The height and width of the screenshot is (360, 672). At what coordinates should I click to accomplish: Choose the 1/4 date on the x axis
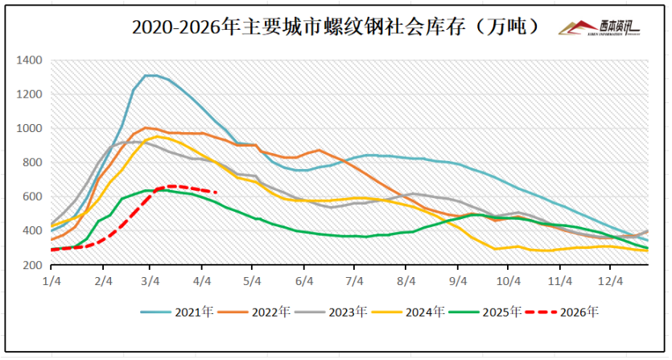click(x=52, y=281)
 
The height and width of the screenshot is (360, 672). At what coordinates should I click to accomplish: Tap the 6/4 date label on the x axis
click(x=304, y=281)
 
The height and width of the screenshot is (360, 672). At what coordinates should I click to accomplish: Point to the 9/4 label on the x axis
click(x=458, y=281)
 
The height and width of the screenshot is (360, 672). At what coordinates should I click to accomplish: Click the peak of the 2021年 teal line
click(x=150, y=76)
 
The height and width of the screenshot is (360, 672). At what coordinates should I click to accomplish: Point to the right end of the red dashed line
click(x=216, y=192)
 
